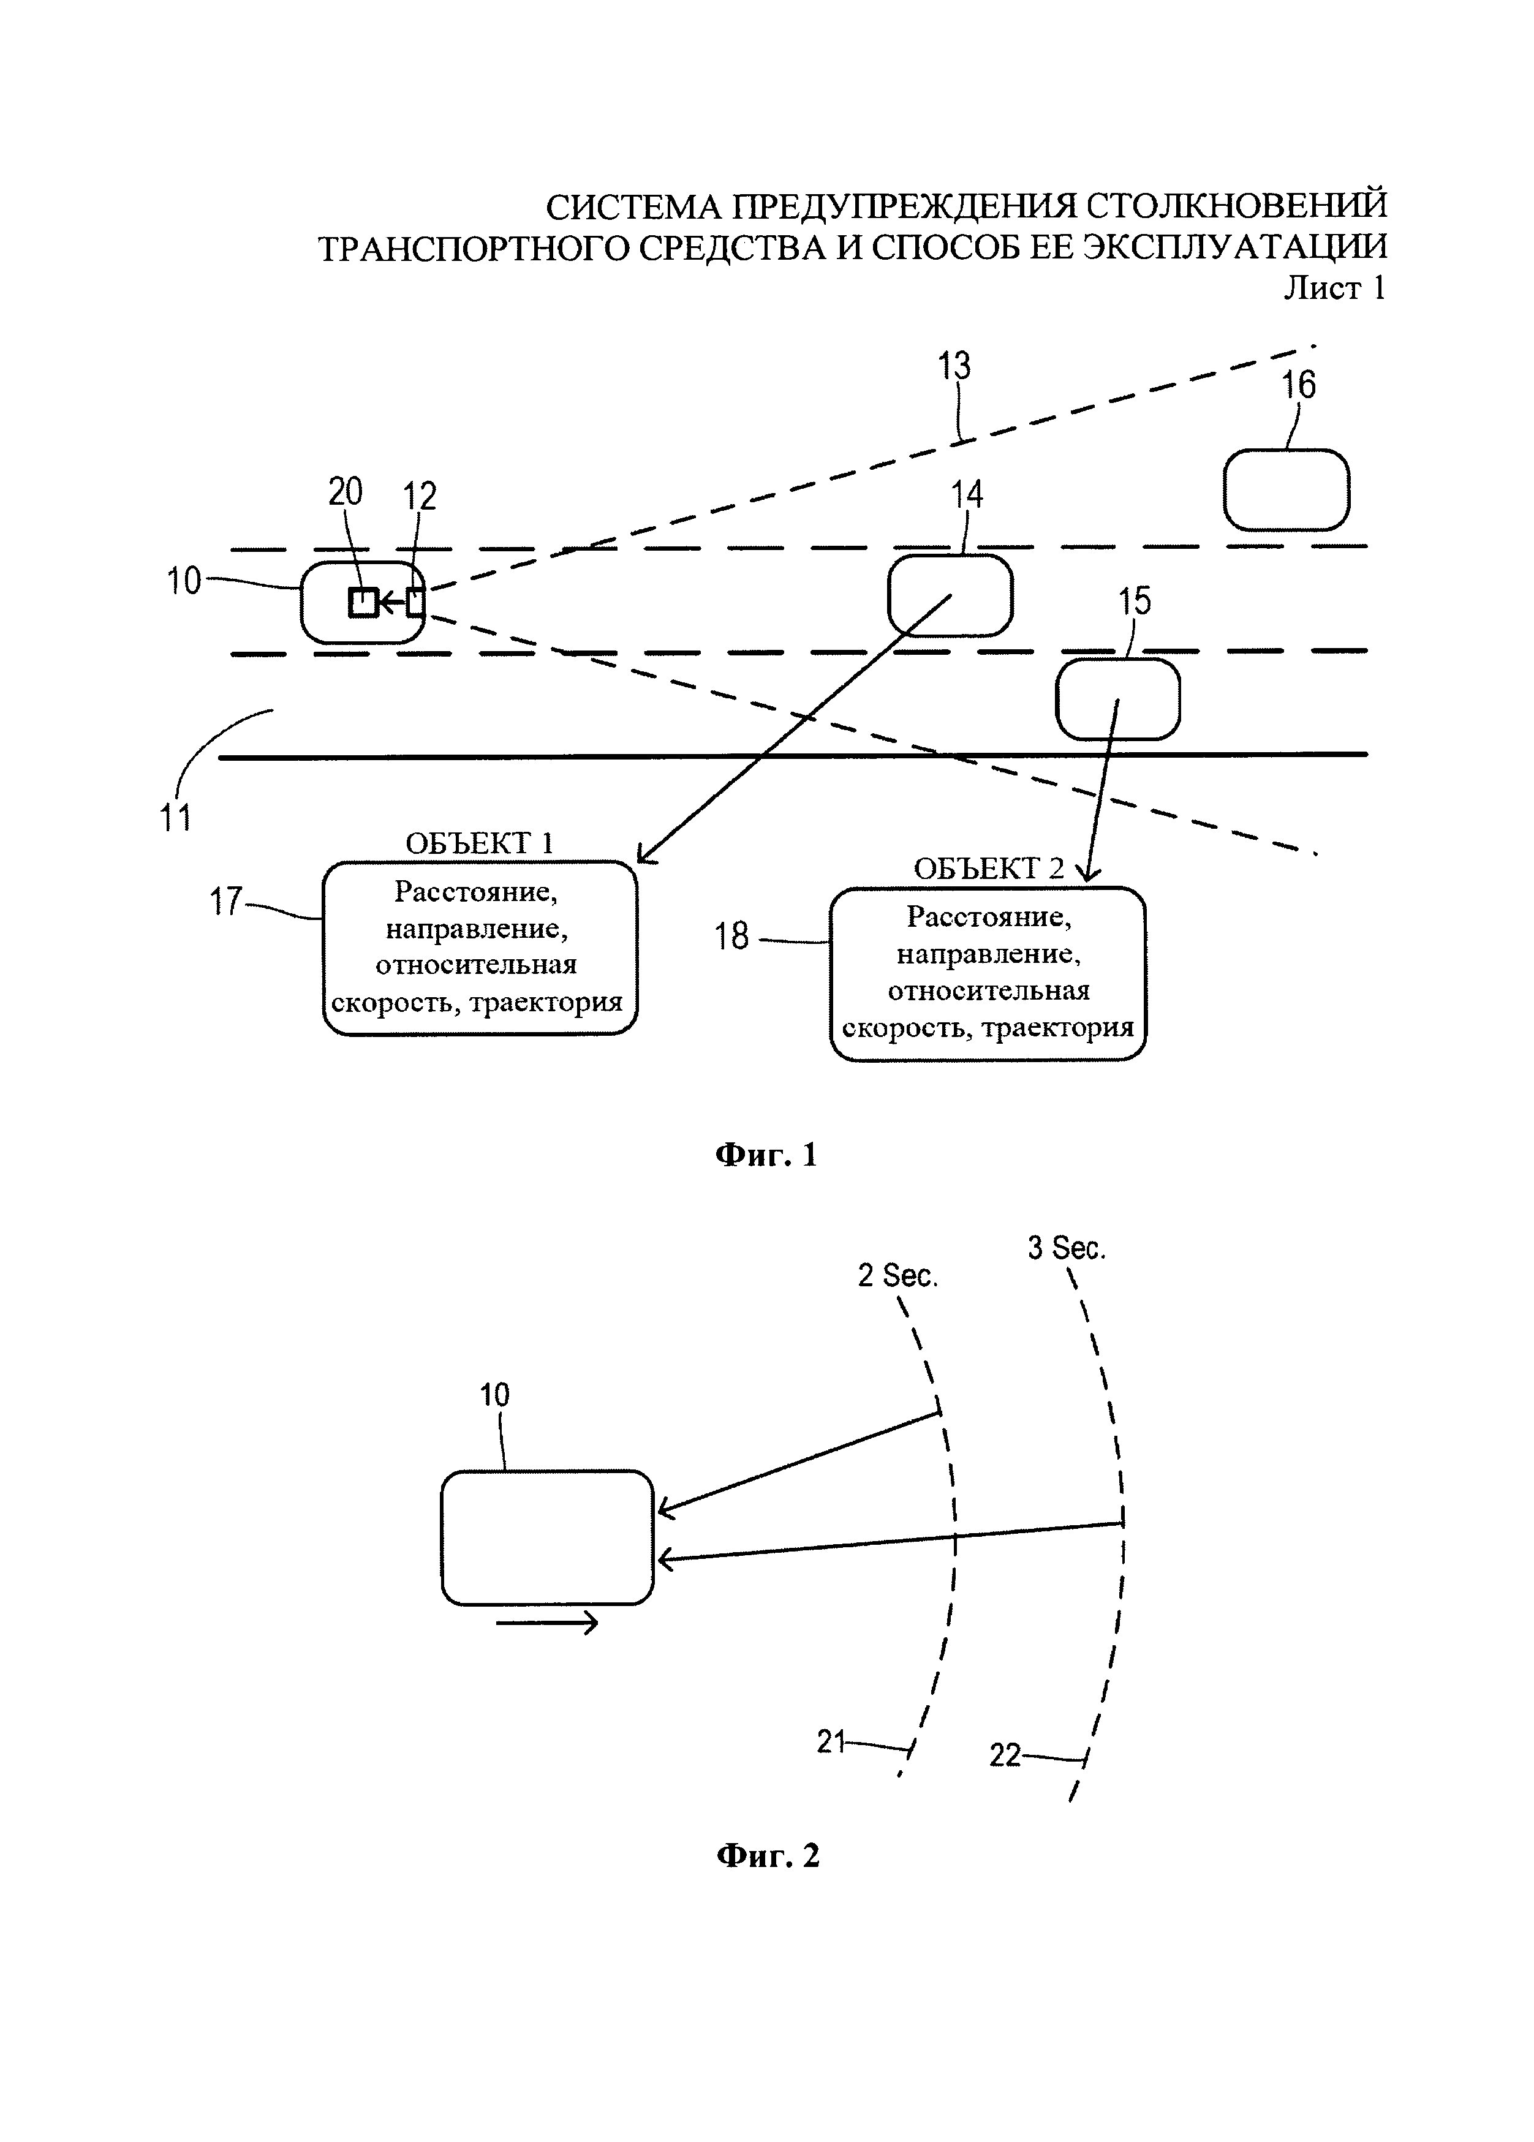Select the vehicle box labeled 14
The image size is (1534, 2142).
pos(950,595)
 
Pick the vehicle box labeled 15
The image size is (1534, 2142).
pos(1117,699)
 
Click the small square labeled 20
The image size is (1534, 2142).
pos(363,601)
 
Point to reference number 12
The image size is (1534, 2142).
pos(420,496)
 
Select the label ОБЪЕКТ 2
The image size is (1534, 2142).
pos(988,869)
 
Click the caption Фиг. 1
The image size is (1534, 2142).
pos(766,1154)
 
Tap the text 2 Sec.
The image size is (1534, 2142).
pos(897,1276)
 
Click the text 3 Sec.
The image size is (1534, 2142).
pos(1067,1248)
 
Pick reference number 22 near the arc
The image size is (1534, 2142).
pos(1005,1755)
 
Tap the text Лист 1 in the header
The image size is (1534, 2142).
pos(1334,288)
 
